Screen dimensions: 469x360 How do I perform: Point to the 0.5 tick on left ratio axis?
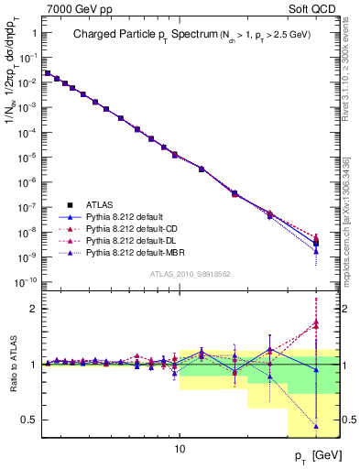(x=28, y=420)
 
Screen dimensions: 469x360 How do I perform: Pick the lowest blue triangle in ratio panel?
(x=315, y=426)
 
